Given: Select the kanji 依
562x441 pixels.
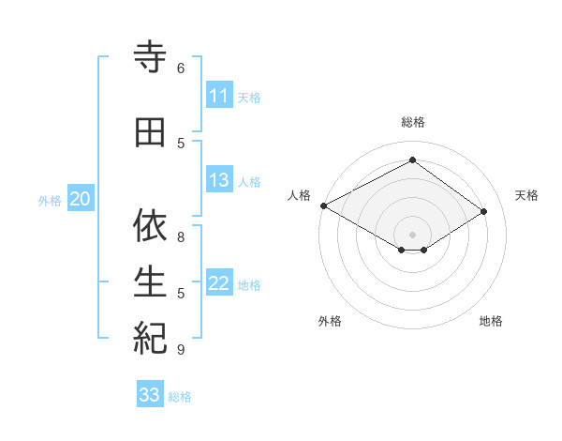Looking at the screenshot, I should (151, 225).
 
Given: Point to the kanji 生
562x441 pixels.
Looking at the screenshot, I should (151, 281).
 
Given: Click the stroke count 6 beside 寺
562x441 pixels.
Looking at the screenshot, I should (181, 68).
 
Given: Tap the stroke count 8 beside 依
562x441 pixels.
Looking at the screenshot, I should (181, 236).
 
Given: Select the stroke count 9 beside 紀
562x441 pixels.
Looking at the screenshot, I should (181, 350).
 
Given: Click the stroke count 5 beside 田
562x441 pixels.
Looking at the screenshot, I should (181, 144).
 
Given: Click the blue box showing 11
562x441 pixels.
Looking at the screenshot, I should (218, 96).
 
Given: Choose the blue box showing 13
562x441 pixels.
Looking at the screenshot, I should (218, 180).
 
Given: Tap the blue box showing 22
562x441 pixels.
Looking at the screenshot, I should (218, 284).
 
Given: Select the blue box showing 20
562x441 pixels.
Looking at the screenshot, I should (81, 199).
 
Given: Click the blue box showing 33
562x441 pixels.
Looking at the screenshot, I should (150, 395).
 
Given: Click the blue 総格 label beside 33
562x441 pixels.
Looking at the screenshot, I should (180, 397).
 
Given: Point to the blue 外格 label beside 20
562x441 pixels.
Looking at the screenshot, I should (50, 200).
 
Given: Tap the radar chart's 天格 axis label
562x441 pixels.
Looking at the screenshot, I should (526, 195).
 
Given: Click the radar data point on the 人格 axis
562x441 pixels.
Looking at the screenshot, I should (323, 205).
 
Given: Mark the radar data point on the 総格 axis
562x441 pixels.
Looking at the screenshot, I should (412, 160).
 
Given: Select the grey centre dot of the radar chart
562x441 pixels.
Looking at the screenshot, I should (412, 233).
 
